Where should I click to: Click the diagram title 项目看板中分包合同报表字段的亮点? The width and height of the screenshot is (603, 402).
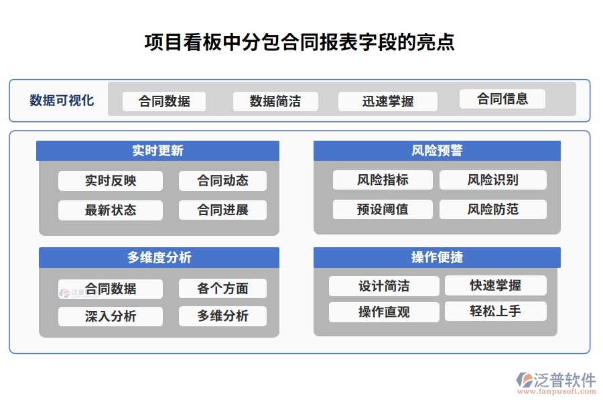point(300,42)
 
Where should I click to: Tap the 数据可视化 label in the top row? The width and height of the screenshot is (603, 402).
point(62,100)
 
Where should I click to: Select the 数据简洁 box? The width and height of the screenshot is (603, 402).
point(275,101)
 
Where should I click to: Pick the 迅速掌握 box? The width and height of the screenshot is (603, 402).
point(388,101)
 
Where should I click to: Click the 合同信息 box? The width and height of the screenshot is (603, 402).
point(503,99)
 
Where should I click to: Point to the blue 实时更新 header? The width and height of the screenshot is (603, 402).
point(158,151)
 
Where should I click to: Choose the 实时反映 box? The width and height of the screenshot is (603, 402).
point(111,181)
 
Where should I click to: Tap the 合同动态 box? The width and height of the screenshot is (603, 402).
point(222,181)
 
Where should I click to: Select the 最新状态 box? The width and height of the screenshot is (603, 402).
point(111,210)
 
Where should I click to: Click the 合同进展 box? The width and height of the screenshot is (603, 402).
point(222,210)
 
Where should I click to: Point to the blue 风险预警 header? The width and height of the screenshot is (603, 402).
point(437,151)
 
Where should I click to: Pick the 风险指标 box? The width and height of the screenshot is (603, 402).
point(383,180)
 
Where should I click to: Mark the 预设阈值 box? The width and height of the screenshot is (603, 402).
point(383,210)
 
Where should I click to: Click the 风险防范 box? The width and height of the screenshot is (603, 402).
point(492,210)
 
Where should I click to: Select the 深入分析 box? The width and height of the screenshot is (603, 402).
point(111,317)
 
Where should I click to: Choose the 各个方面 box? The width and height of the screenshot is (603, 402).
point(222,289)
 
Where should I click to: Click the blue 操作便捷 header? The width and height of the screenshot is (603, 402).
point(437,258)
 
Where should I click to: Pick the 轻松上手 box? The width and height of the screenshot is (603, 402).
point(495,312)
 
